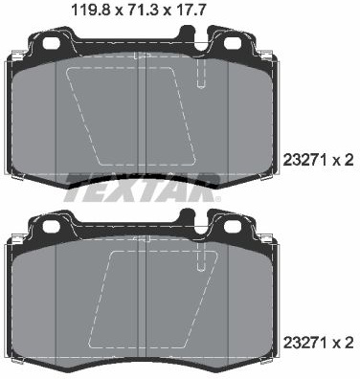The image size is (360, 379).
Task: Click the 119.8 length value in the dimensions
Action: point(91,11)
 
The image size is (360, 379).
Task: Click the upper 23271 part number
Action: point(304,161)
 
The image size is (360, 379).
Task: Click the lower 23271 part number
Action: point(304,343)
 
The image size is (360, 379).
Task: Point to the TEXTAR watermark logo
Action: point(143,188)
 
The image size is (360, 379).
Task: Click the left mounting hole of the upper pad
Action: point(52,43)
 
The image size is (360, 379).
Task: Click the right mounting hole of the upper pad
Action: point(233,43)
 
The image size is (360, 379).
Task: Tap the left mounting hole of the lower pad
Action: point(52,226)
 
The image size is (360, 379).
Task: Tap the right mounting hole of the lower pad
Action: point(233,226)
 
